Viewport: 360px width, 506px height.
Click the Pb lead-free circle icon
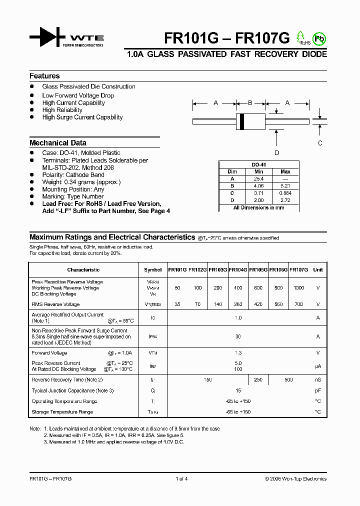(318, 38)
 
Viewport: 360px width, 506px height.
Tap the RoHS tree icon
(300, 37)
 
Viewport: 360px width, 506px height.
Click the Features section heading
(44, 76)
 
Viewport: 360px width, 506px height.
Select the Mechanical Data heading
(58, 142)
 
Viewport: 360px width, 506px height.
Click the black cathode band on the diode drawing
(242, 120)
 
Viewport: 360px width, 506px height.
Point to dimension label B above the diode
(250, 103)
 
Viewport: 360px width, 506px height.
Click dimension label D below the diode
(276, 153)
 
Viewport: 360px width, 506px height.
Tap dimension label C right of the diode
(320, 143)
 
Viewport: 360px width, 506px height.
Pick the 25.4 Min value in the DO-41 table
(258, 178)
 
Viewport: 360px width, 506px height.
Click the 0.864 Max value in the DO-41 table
(285, 193)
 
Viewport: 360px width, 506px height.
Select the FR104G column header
(238, 270)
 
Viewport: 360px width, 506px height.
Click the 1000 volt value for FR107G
(298, 288)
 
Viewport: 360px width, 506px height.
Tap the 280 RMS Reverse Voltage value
(238, 304)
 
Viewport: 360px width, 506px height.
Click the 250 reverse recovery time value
(258, 380)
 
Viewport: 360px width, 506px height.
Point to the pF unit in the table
(317, 390)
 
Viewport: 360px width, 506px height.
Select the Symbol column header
(152, 270)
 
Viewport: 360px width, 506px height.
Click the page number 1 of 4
(181, 478)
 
